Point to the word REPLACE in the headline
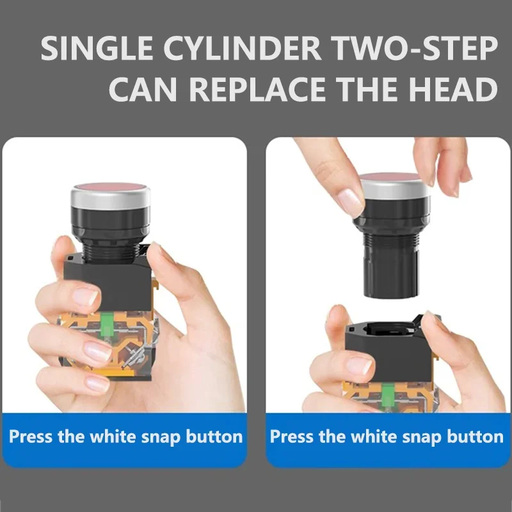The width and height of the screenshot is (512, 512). pyautogui.click(x=257, y=89)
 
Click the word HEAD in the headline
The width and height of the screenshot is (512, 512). pyautogui.click(x=453, y=89)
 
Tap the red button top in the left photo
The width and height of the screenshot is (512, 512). pyautogui.click(x=110, y=187)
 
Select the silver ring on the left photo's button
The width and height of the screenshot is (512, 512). pyautogui.click(x=110, y=198)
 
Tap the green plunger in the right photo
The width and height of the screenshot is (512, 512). pyautogui.click(x=388, y=395)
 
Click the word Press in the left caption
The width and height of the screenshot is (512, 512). pyautogui.click(x=30, y=436)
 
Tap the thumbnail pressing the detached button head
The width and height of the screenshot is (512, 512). pyautogui.click(x=349, y=202)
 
